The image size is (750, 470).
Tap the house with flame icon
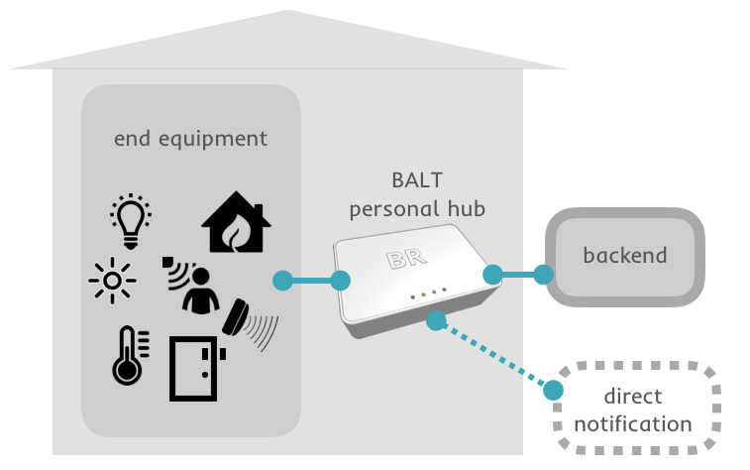tap(236, 225)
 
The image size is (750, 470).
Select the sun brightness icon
tap(112, 282)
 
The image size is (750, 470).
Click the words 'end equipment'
tap(190, 138)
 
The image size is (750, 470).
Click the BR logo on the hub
tap(406, 260)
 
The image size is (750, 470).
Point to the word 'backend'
tap(624, 255)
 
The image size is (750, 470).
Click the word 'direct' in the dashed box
tap(633, 398)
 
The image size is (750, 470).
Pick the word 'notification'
tap(633, 423)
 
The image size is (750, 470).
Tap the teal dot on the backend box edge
tap(542, 274)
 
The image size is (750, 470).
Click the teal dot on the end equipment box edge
tap(281, 280)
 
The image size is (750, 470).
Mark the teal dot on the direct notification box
tap(554, 390)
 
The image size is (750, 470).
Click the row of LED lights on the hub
tap(424, 294)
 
